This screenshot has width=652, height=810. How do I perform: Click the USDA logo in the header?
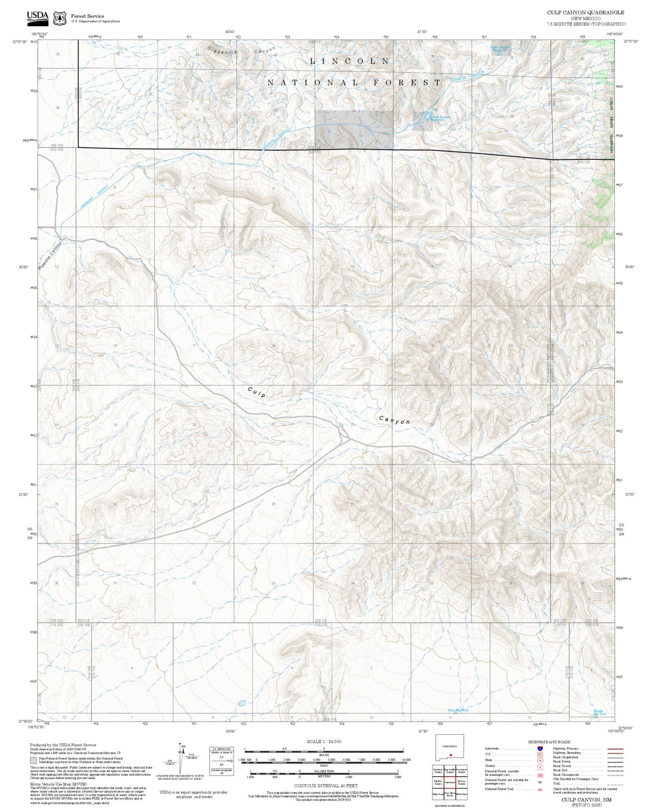click(x=37, y=18)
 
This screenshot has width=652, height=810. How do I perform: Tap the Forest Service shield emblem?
click(x=60, y=19)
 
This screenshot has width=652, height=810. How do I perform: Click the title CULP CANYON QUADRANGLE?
click(x=586, y=13)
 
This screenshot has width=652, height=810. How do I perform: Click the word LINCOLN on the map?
click(x=350, y=61)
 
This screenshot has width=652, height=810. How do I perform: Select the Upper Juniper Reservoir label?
click(x=500, y=48)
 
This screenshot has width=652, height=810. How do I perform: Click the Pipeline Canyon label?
click(x=50, y=256)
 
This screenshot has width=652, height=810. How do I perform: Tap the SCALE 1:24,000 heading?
click(x=324, y=741)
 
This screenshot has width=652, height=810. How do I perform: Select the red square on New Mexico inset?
click(x=451, y=754)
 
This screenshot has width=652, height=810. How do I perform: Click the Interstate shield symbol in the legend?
click(x=540, y=749)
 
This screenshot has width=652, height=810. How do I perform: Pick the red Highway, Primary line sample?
click(x=615, y=749)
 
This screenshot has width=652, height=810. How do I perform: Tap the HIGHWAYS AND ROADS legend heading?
click(x=549, y=742)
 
